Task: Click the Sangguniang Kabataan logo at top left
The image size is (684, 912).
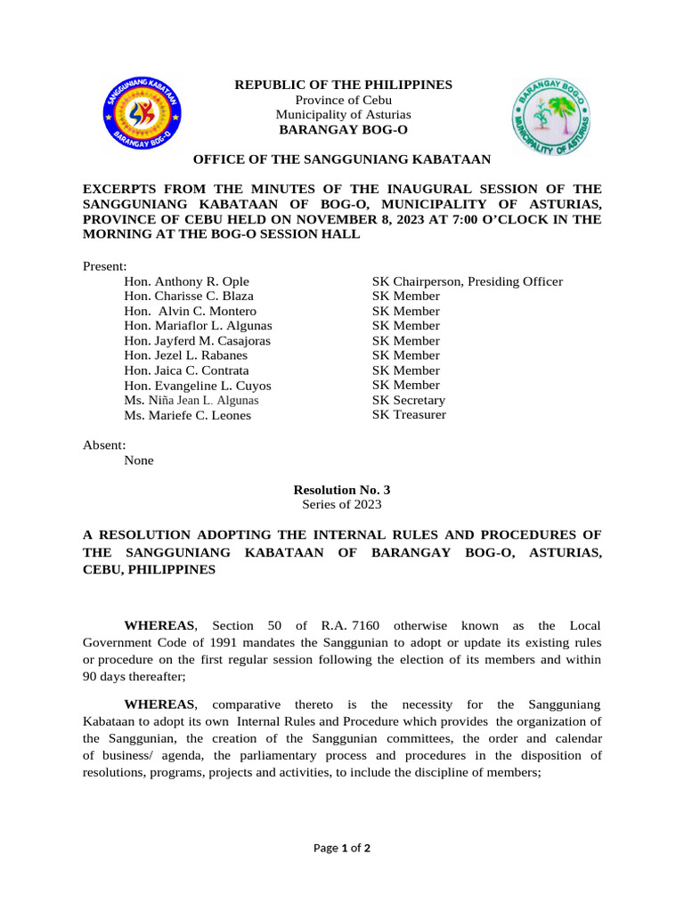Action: click(x=141, y=113)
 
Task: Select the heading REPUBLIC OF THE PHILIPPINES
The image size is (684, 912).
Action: click(x=343, y=85)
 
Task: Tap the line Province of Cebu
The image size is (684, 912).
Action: click(x=343, y=100)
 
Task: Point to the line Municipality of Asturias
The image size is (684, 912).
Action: click(x=343, y=115)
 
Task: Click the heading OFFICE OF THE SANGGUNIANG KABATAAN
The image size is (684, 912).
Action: click(x=342, y=159)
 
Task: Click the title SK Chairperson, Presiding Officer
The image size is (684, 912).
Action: click(x=467, y=281)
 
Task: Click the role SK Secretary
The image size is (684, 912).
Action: click(x=408, y=401)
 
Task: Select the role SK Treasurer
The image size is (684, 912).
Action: click(x=409, y=415)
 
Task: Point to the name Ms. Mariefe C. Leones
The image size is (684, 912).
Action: click(x=187, y=415)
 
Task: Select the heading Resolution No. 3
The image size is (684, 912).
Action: click(x=342, y=490)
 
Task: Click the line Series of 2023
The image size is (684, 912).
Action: click(x=342, y=504)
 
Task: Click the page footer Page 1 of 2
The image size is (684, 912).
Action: click(x=342, y=848)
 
